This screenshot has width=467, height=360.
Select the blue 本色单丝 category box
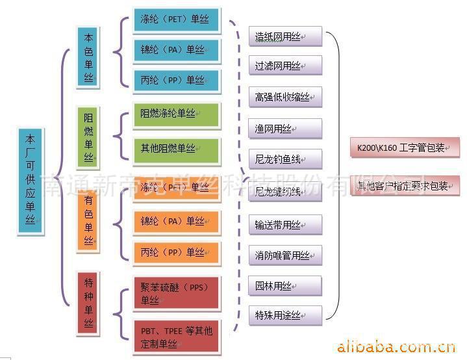89,57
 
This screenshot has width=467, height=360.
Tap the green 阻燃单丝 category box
89,138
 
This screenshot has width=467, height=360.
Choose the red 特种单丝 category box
89,303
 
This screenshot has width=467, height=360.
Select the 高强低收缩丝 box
284,97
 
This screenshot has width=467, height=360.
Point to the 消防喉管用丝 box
284,255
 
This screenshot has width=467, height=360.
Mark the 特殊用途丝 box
284,316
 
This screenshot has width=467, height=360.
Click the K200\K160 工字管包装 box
404,148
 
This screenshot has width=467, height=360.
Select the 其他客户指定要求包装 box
404,186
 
